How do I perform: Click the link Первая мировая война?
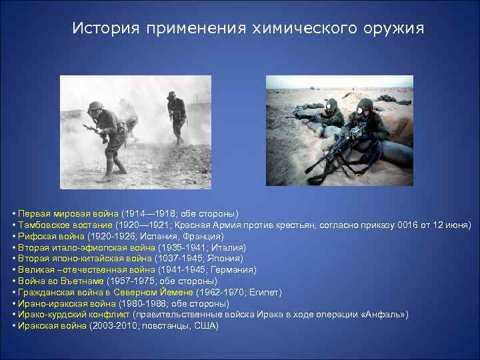coord(69,213)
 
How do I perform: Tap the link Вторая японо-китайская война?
coord(85,259)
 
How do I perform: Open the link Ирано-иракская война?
coord(64,303)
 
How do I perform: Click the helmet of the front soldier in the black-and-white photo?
coord(96,105)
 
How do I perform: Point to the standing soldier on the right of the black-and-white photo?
coord(176,117)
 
